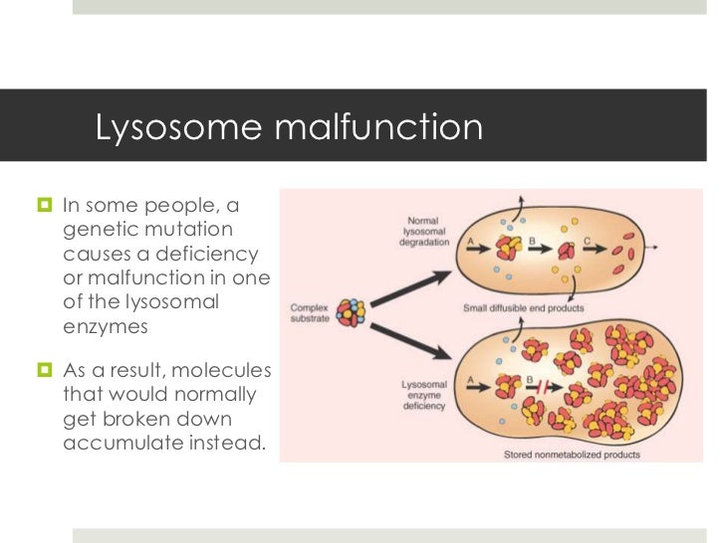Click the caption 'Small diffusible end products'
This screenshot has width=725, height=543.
523,308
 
